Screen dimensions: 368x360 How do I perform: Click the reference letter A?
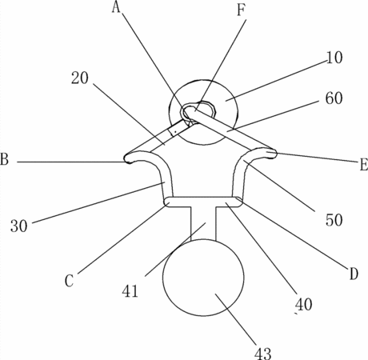click(x=116, y=7)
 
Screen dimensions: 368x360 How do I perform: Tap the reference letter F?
click(x=241, y=10)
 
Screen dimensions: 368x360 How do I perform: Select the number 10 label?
click(x=334, y=58)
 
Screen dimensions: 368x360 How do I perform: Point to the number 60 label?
click(x=334, y=98)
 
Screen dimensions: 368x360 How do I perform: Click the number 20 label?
click(x=79, y=78)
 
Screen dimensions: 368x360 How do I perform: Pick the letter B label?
click(x=5, y=159)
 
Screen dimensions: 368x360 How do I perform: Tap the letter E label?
click(x=364, y=164)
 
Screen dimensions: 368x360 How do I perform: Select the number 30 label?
click(x=19, y=226)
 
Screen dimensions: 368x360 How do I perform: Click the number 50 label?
click(x=334, y=220)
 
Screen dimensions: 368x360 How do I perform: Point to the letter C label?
click(x=69, y=281)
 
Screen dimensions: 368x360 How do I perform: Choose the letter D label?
click(x=354, y=274)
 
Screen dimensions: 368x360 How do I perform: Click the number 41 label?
click(x=130, y=291)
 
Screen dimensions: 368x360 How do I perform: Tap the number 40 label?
click(x=303, y=304)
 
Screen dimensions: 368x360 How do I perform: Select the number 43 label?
click(x=262, y=354)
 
